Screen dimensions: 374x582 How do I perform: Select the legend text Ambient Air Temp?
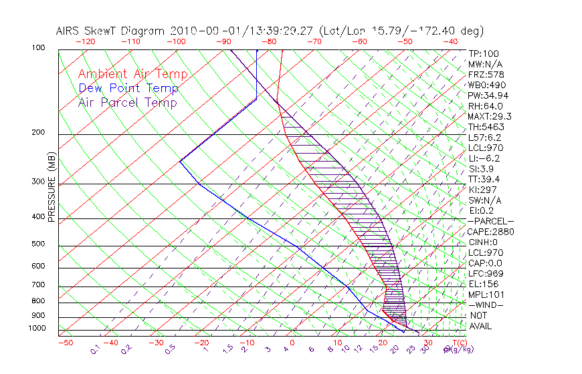132,74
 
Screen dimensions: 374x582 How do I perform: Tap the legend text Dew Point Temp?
128,88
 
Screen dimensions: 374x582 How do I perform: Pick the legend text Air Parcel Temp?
127,102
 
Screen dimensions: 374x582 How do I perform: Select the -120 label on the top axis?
86,41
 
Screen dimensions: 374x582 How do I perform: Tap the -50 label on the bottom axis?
65,343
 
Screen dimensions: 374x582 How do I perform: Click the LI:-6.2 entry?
484,158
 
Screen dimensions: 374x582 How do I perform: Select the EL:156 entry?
482,284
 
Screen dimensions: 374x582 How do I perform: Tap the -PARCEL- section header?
490,221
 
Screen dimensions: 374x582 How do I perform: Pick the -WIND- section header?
485,305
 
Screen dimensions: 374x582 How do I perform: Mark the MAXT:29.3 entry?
489,116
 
